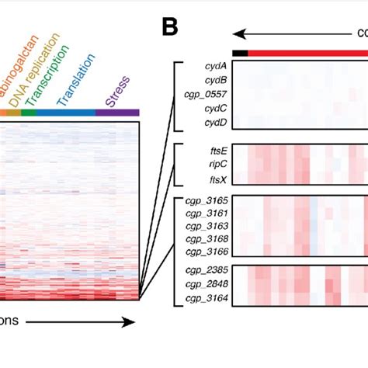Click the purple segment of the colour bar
click(x=117, y=113)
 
